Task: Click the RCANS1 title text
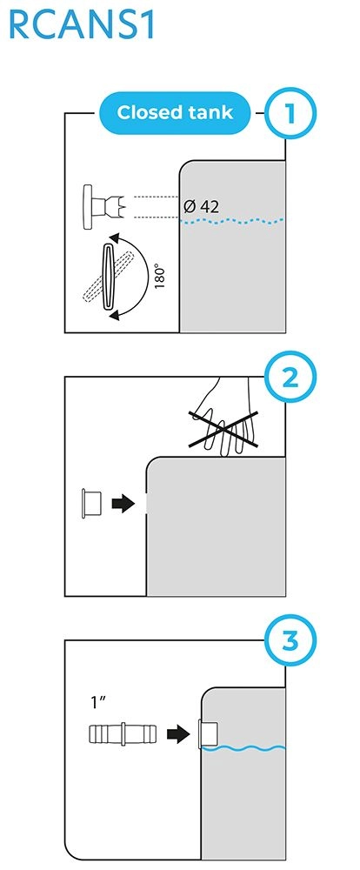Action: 82,25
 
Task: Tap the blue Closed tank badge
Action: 175,113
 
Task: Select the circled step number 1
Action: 289,113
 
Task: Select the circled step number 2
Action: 289,379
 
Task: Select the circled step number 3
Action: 289,642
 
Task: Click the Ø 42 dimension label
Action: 201,207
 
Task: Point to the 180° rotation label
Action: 160,275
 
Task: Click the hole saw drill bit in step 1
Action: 105,207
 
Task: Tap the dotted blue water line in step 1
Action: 233,221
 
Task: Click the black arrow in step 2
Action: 123,504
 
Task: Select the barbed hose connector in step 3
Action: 123,734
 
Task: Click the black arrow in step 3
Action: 178,734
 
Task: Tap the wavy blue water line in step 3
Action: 243,748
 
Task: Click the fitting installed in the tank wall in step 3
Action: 208,734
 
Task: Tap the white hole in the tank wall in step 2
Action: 147,503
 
